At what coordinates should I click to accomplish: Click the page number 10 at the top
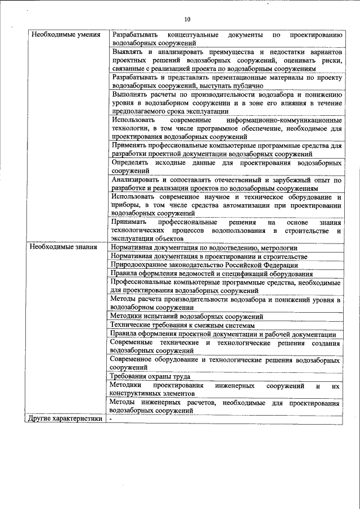coord(187,19)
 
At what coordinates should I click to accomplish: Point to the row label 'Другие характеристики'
coord(65,418)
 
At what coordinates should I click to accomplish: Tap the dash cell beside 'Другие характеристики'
coord(111,418)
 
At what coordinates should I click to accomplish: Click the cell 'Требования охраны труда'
coord(150,376)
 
